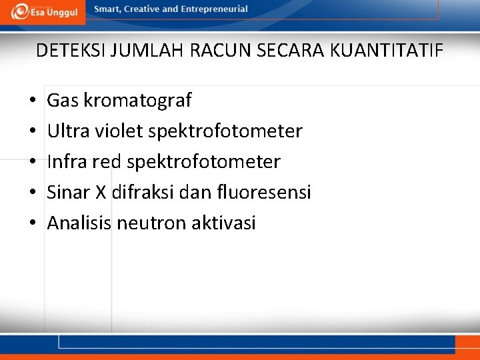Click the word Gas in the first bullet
63,101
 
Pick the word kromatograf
137,101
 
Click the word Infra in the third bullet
67,162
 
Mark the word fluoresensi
264,193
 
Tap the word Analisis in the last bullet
79,223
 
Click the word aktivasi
223,223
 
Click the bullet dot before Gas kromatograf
32,101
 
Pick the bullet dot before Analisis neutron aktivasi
32,224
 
